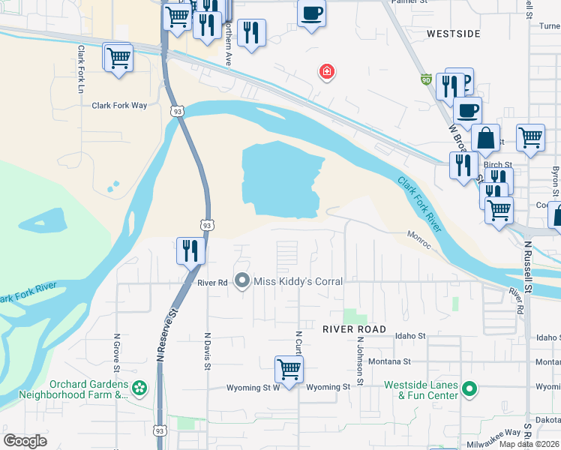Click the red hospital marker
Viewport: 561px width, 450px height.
(x=327, y=72)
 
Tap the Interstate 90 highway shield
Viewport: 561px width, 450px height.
(x=426, y=79)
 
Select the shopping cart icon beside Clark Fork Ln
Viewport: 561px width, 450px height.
(x=118, y=58)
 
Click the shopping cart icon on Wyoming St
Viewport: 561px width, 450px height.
(x=289, y=369)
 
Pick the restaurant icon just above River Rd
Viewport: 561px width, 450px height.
(x=190, y=250)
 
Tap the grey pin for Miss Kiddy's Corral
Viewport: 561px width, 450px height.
(x=242, y=281)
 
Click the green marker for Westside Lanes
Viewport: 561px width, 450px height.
(x=469, y=388)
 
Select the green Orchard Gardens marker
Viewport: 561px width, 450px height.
(x=139, y=388)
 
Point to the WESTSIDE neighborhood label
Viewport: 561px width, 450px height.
(x=453, y=34)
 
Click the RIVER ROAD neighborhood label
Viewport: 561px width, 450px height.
(x=354, y=329)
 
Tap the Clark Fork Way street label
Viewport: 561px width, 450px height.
(x=119, y=106)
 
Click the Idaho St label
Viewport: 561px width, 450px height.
(x=410, y=336)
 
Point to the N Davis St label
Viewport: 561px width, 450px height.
(x=206, y=352)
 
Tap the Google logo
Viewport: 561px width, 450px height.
(x=25, y=440)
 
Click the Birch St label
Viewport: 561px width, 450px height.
(x=497, y=164)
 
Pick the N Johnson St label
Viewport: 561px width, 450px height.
(x=360, y=361)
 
